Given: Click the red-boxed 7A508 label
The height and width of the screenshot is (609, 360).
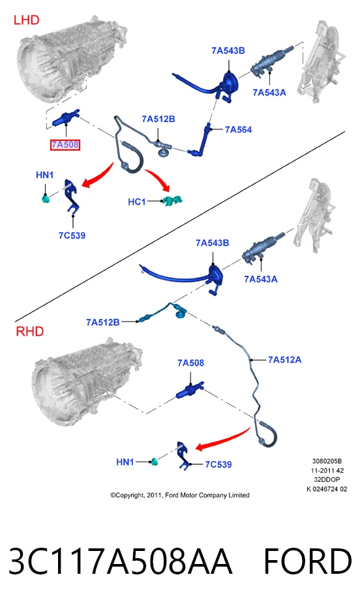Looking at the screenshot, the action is click(x=65, y=145).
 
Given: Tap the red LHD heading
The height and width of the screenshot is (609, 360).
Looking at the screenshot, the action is click(x=26, y=20).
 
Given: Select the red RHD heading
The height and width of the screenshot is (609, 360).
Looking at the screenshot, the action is click(x=29, y=331).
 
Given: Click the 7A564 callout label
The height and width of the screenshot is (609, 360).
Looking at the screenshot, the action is click(x=239, y=130).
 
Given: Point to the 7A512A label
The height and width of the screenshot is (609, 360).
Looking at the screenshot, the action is click(x=284, y=360).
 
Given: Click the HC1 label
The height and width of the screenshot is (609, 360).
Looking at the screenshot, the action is click(x=137, y=202).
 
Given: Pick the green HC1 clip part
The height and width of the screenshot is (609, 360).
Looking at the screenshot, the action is click(x=172, y=200).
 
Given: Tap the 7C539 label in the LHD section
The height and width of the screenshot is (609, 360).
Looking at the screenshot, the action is click(x=72, y=235).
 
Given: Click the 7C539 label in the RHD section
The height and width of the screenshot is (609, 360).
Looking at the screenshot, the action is click(x=218, y=464).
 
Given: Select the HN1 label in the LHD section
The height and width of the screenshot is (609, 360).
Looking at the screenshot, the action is click(x=44, y=175).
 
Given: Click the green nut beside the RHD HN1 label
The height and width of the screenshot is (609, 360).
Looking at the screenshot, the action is click(x=154, y=462).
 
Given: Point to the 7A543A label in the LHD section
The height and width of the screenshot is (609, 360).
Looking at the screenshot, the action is click(x=269, y=93).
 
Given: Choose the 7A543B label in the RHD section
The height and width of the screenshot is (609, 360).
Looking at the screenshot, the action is click(x=213, y=243).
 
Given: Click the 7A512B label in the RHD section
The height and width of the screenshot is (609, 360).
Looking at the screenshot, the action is click(x=103, y=322).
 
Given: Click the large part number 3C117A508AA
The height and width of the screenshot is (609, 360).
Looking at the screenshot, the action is click(x=121, y=561).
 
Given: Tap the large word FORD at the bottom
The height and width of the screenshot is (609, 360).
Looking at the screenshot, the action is click(x=308, y=561).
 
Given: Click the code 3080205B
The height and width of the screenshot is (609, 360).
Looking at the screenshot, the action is click(x=327, y=462).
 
